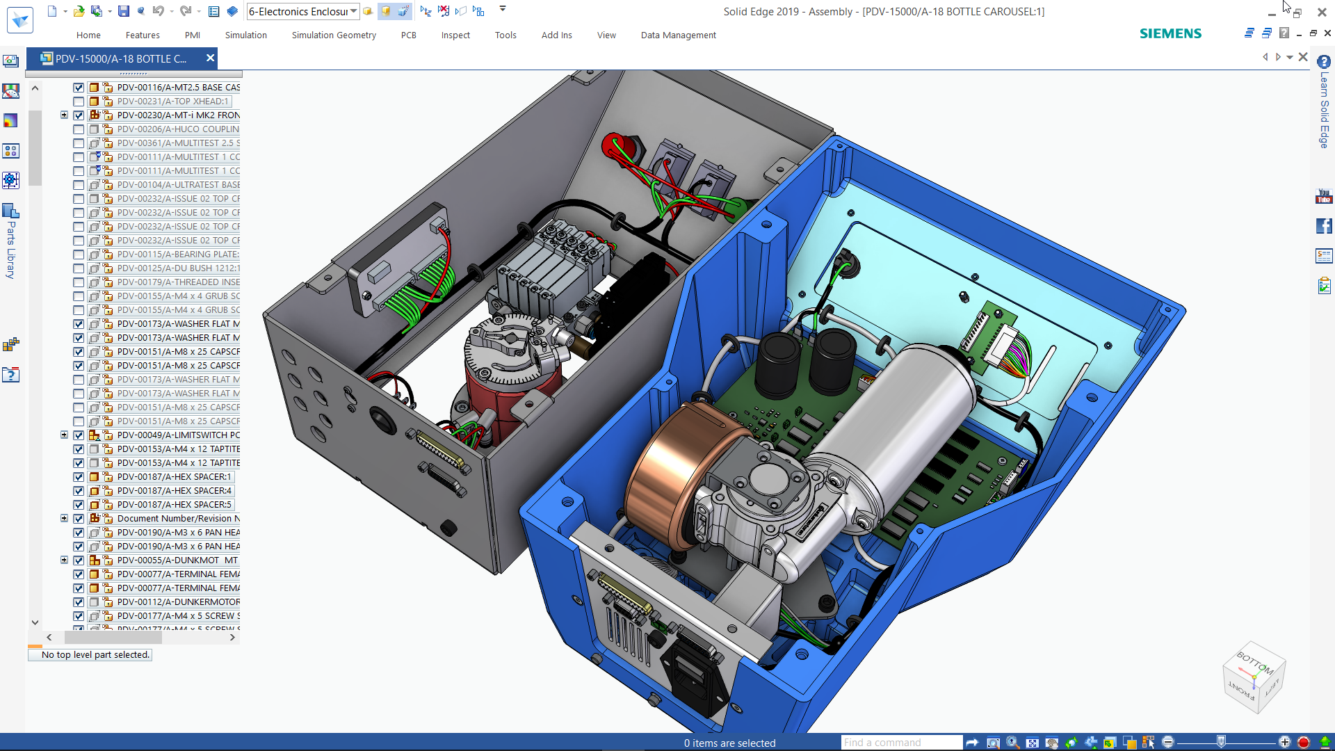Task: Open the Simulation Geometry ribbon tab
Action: click(x=334, y=35)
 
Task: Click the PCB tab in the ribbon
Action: click(x=408, y=35)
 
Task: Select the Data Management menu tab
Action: click(x=678, y=35)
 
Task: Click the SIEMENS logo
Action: click(x=1170, y=33)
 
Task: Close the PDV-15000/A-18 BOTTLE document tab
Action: click(x=210, y=58)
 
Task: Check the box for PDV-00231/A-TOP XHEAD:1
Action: click(x=79, y=102)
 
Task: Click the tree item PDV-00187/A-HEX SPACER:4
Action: click(x=174, y=491)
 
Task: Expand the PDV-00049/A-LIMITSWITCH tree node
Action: click(x=64, y=435)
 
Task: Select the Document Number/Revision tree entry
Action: click(x=178, y=519)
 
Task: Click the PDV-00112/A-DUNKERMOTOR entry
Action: click(x=178, y=602)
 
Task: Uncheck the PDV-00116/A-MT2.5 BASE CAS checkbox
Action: click(x=79, y=88)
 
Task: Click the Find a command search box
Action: click(x=901, y=743)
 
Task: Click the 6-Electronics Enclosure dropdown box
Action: click(x=302, y=11)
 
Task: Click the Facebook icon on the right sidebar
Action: click(x=1324, y=226)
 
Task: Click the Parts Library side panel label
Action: click(x=11, y=250)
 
